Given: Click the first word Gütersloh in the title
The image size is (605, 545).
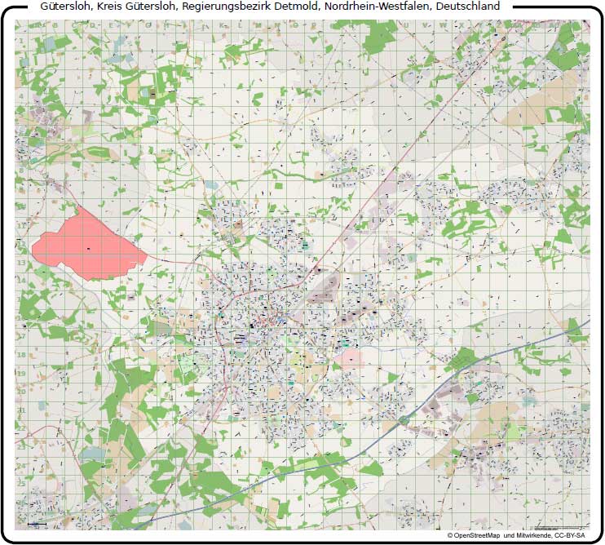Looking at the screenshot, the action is (65, 6).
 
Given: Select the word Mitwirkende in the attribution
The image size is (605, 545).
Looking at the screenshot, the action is (533, 535).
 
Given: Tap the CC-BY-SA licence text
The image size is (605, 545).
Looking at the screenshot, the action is (570, 535).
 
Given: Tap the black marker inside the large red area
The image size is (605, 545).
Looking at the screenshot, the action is (88, 248).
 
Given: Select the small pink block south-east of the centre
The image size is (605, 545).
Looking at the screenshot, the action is (351, 360).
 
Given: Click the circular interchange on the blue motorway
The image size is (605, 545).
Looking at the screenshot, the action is (404, 420).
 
